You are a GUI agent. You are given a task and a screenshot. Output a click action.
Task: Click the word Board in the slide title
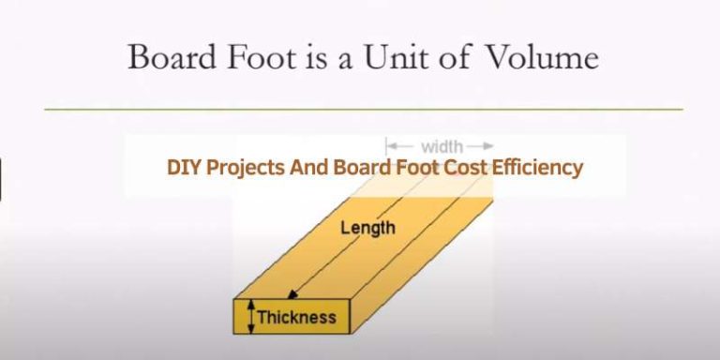pos(170,58)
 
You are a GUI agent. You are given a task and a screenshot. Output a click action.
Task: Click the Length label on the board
pos(367,227)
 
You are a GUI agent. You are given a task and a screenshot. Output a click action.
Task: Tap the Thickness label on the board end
pos(296,317)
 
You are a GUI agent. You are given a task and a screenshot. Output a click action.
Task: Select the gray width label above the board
pos(441,146)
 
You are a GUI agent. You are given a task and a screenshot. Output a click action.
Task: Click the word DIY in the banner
pos(183,169)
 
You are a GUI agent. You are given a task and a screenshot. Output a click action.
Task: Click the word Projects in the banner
pos(245,169)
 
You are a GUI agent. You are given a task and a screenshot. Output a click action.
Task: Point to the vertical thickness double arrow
pos(249,317)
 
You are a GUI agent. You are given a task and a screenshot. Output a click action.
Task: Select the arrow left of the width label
pos(400,146)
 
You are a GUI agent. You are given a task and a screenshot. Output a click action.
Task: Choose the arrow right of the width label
pos(480,146)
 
